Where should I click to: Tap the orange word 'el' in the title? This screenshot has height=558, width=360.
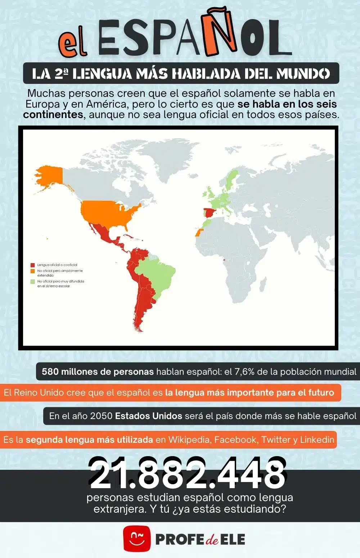pyautogui.click(x=73, y=44)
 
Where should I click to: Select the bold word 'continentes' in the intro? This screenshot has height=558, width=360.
pyautogui.click(x=53, y=114)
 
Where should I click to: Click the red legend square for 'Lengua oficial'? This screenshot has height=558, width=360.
pyautogui.click(x=33, y=265)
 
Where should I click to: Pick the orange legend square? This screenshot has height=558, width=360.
pyautogui.click(x=33, y=271)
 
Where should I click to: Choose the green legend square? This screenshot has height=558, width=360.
pyautogui.click(x=33, y=282)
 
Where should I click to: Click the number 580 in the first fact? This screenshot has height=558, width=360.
pyautogui.click(x=50, y=372)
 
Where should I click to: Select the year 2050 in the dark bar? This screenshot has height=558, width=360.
pyautogui.click(x=101, y=416)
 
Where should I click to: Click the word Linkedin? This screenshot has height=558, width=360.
pyautogui.click(x=317, y=440)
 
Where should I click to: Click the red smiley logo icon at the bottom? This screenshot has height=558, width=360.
pyautogui.click(x=137, y=539)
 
